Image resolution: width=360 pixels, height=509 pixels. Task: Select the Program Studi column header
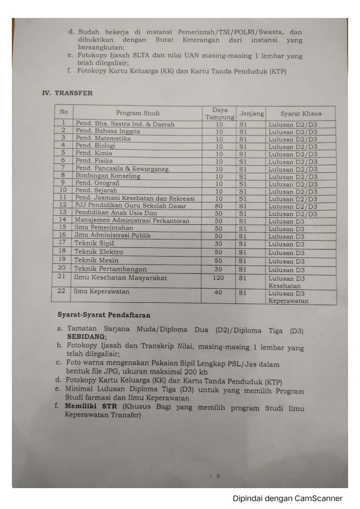coord(138,113)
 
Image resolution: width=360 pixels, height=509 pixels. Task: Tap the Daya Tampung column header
coord(219,113)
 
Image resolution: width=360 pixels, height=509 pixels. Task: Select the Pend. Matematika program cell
coord(103,139)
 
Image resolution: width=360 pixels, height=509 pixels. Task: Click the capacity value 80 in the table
coord(219,206)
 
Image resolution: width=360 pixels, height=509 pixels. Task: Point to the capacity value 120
coord(219,277)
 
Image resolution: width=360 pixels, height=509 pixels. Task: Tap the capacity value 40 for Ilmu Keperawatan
coord(219,292)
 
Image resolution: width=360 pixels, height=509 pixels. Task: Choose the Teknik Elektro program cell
coord(98,252)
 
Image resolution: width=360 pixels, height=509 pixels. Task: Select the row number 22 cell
coord(63,292)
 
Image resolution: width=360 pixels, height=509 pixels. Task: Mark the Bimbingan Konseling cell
coord(107,175)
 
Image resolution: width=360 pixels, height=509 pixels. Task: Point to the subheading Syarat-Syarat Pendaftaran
coord(104,315)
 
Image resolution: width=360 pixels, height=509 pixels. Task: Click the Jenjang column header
coord(251,113)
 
